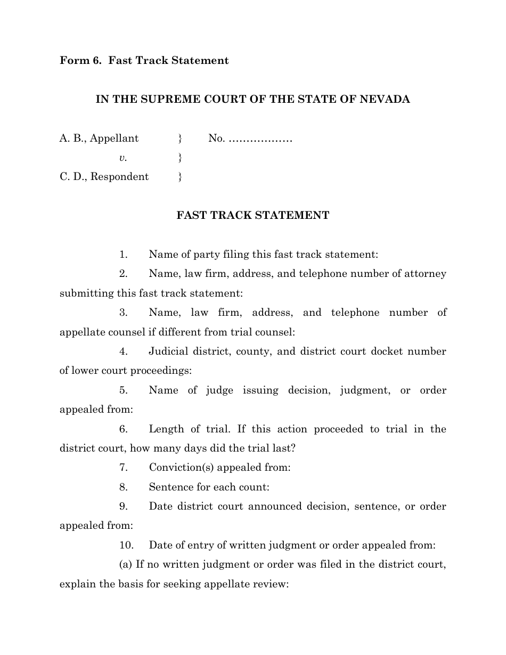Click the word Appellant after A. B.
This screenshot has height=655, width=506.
(x=114, y=138)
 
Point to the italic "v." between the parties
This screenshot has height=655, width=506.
(x=123, y=158)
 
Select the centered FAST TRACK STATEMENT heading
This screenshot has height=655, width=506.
(x=252, y=216)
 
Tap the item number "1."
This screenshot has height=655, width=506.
(x=124, y=255)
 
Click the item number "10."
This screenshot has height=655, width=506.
(x=126, y=545)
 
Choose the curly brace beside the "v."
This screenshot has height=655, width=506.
(x=180, y=158)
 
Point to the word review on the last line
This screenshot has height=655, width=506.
(x=272, y=584)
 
